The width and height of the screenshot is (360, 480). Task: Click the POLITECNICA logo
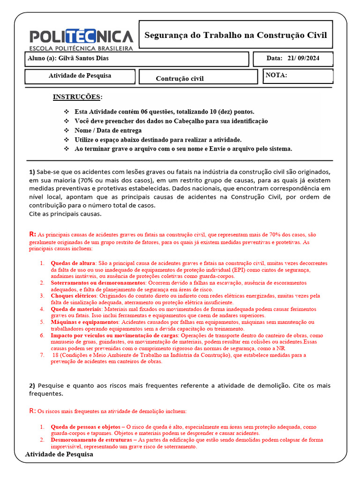tap(81, 39)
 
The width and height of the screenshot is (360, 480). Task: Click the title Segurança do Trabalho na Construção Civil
tap(235, 35)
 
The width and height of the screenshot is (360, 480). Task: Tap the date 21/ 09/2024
tap(303, 59)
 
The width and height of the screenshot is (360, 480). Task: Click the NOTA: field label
tap(276, 75)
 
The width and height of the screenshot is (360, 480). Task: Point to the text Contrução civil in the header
tap(180, 78)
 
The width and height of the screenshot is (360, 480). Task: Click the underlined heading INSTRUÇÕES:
tap(77, 97)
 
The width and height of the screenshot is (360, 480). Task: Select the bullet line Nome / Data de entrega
tap(108, 130)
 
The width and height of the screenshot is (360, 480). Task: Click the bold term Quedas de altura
tap(72, 263)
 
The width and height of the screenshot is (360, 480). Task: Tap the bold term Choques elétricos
tap(74, 296)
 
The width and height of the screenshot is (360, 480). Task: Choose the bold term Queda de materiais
tap(75, 309)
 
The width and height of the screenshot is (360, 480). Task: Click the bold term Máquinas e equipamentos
tap(84, 322)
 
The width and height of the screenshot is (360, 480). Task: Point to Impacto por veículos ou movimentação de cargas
tap(114, 336)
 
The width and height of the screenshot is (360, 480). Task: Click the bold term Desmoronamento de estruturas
tap(91, 440)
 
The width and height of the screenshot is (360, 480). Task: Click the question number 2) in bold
tap(32, 385)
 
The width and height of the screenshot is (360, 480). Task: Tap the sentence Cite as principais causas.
tap(65, 214)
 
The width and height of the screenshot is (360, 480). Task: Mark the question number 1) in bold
tap(32, 172)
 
